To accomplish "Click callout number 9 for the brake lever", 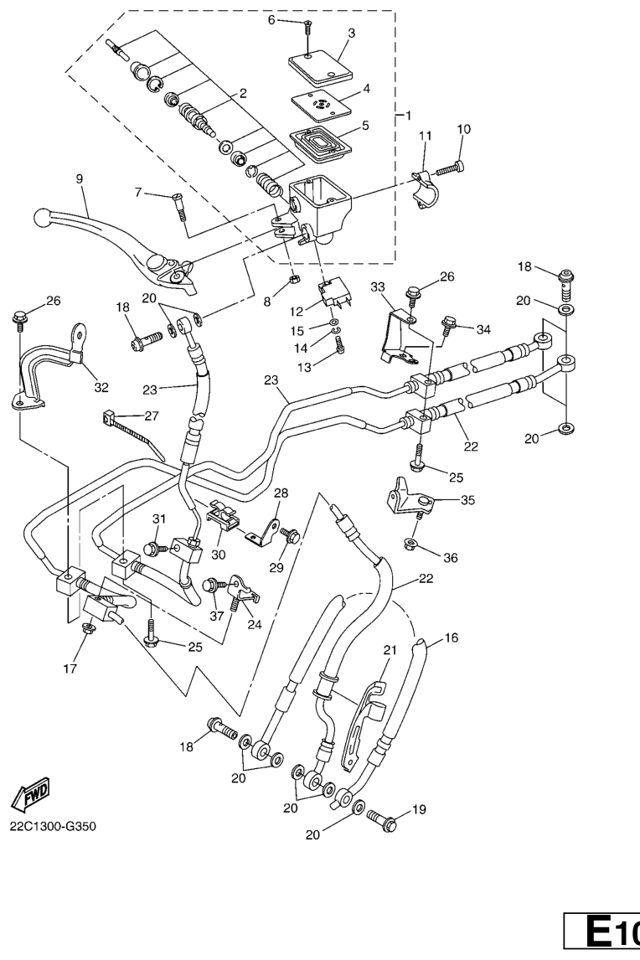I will coord(80,178).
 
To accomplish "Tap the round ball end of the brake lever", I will coord(42,218).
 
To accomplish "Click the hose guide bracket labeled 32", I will coord(46,369).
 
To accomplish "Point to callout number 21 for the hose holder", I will coord(389,649).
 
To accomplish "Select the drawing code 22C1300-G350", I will coord(54,827).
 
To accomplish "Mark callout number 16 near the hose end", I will coord(451,638).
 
